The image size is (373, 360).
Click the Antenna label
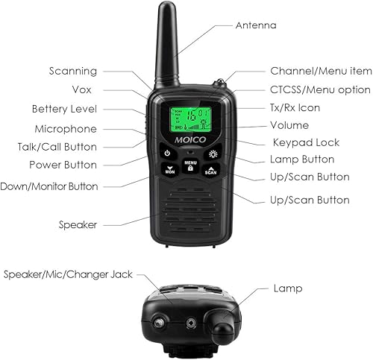[256, 25]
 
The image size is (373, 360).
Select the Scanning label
[72, 72]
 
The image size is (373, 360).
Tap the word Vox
[87, 90]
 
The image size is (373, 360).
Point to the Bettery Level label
[64, 109]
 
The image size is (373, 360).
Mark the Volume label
[289, 124]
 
